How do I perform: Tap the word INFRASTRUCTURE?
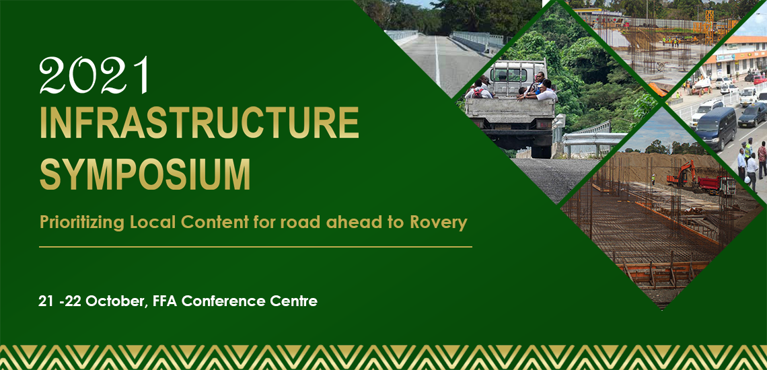pyautogui.click(x=200, y=122)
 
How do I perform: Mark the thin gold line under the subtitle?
pyautogui.click(x=256, y=247)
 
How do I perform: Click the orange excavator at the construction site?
pyautogui.click(x=682, y=174)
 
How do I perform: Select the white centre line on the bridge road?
pyautogui.click(x=437, y=61)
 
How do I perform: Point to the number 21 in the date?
pyautogui.click(x=46, y=301)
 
